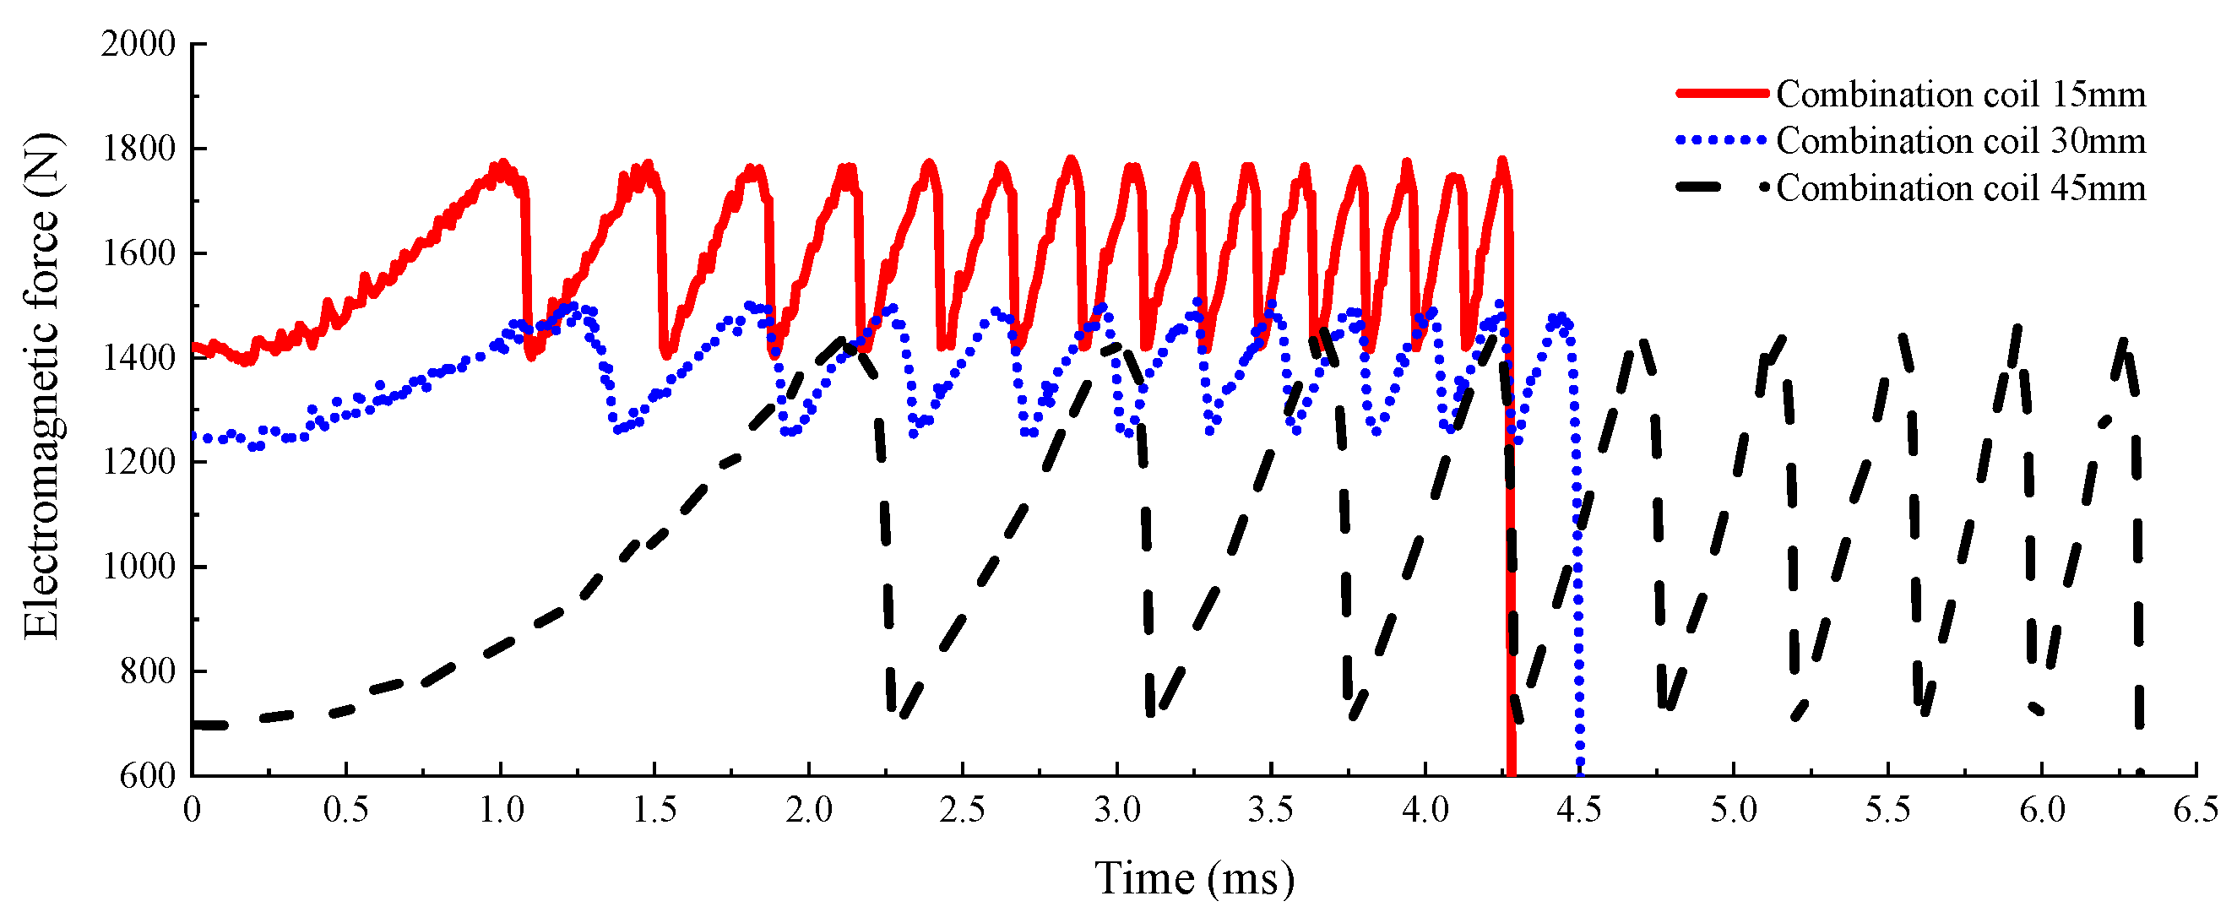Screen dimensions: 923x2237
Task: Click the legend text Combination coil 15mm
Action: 1960,94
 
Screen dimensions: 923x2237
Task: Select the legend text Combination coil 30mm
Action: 1960,141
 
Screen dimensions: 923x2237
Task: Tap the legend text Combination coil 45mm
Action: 1960,187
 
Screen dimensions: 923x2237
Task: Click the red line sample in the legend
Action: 1721,93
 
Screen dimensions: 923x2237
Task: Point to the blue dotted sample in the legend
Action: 1721,140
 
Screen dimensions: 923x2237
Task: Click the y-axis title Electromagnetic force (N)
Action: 41,387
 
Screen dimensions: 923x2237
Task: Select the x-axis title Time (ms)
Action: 1193,879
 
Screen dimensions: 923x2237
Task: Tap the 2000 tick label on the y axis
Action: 138,43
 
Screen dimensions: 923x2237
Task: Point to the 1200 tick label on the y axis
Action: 138,462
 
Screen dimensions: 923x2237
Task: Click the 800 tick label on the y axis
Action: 147,671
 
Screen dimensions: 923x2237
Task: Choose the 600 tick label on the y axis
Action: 147,775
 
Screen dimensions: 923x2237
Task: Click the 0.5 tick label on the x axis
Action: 345,809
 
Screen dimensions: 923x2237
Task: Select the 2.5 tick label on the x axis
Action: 962,809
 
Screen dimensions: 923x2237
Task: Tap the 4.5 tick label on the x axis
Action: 1579,809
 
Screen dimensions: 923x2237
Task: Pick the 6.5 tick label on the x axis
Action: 2196,809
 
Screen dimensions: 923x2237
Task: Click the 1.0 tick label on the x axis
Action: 501,809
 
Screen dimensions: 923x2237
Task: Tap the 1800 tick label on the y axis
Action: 138,149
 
